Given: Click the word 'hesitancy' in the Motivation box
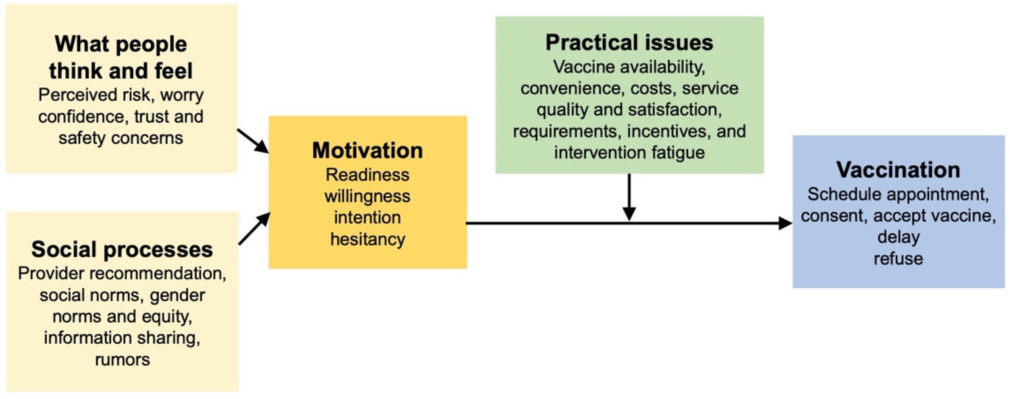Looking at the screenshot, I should [x=367, y=239].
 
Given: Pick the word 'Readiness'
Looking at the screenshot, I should [x=367, y=175].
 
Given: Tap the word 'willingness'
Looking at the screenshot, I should [x=367, y=196].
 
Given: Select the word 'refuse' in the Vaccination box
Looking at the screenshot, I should [x=898, y=259].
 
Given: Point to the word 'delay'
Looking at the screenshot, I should [x=898, y=237].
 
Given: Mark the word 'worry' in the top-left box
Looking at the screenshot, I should [x=182, y=95].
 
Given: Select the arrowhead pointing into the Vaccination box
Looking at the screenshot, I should [x=785, y=223].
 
